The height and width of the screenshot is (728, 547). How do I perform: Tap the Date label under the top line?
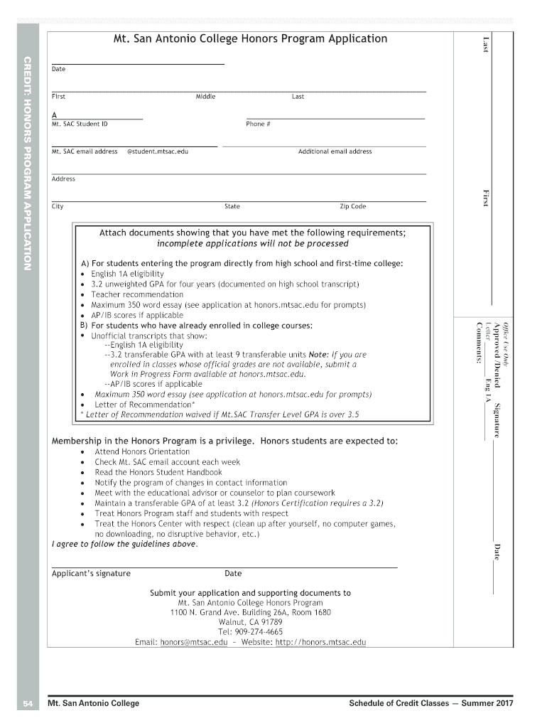[58, 69]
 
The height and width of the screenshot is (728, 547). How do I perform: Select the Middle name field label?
[205, 97]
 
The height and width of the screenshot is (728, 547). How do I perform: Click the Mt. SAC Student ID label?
[80, 124]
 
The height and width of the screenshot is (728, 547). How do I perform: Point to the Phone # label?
[259, 124]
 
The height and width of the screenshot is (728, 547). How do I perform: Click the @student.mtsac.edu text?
[157, 151]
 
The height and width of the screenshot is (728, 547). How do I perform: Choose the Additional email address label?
[335, 151]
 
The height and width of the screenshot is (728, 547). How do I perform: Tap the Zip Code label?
[353, 206]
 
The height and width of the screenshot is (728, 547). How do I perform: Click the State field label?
[232, 206]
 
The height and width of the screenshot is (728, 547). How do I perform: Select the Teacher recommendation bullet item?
[137, 294]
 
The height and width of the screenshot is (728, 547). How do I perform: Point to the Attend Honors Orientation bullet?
[142, 451]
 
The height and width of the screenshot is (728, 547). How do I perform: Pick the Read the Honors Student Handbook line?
[158, 472]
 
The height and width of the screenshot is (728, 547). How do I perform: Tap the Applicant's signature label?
[91, 573]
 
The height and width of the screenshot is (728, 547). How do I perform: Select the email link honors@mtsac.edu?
[194, 642]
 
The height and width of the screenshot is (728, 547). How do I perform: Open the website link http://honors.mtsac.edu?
[320, 642]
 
